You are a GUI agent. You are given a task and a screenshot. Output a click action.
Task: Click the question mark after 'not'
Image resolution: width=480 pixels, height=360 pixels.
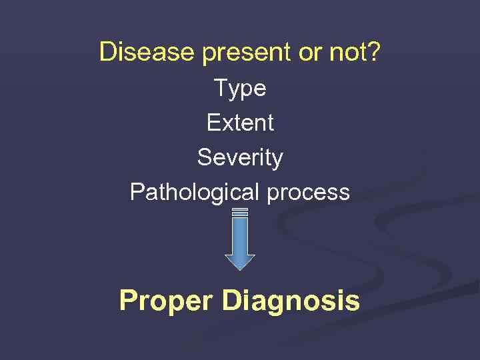pos(374,52)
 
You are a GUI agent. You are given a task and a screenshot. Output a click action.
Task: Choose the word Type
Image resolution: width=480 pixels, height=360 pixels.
pos(240,89)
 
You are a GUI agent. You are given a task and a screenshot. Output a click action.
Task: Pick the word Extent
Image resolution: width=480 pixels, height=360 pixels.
pos(240,123)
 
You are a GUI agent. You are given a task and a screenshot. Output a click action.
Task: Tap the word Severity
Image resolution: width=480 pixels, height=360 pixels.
pos(240,158)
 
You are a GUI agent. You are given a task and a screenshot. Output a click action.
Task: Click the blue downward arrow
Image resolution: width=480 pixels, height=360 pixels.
pos(240,240)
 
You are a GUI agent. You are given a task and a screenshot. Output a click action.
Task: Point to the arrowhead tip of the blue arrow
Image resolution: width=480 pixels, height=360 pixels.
pos(240,268)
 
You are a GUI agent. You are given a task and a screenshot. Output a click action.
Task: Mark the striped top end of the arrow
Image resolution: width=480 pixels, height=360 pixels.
pos(240,212)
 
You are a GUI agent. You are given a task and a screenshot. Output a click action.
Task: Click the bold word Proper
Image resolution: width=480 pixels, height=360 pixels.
pos(166,301)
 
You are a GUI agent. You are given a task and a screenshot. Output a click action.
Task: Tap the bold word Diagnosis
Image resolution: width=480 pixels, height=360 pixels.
pos(291,301)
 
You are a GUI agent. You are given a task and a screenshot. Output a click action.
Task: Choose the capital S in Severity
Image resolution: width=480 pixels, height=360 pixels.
pos(204,157)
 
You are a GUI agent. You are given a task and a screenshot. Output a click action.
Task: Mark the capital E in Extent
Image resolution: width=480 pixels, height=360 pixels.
pos(213,123)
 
